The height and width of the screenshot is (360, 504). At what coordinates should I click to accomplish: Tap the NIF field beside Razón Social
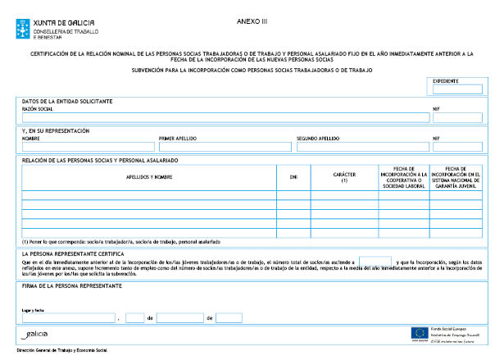[457, 116]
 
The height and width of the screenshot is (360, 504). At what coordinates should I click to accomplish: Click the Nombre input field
[88, 147]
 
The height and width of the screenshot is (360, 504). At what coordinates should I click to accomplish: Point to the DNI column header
[293, 177]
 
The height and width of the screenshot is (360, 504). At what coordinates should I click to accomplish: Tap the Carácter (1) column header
[343, 177]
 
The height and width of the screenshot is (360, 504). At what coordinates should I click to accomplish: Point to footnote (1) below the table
[120, 242]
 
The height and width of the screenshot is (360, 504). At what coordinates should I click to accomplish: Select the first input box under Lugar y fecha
[69, 317]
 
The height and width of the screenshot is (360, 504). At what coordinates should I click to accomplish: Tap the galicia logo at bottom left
[36, 335]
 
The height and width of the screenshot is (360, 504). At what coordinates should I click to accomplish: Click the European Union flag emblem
[419, 332]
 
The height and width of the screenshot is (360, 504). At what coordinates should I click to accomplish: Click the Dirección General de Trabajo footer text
[61, 351]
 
